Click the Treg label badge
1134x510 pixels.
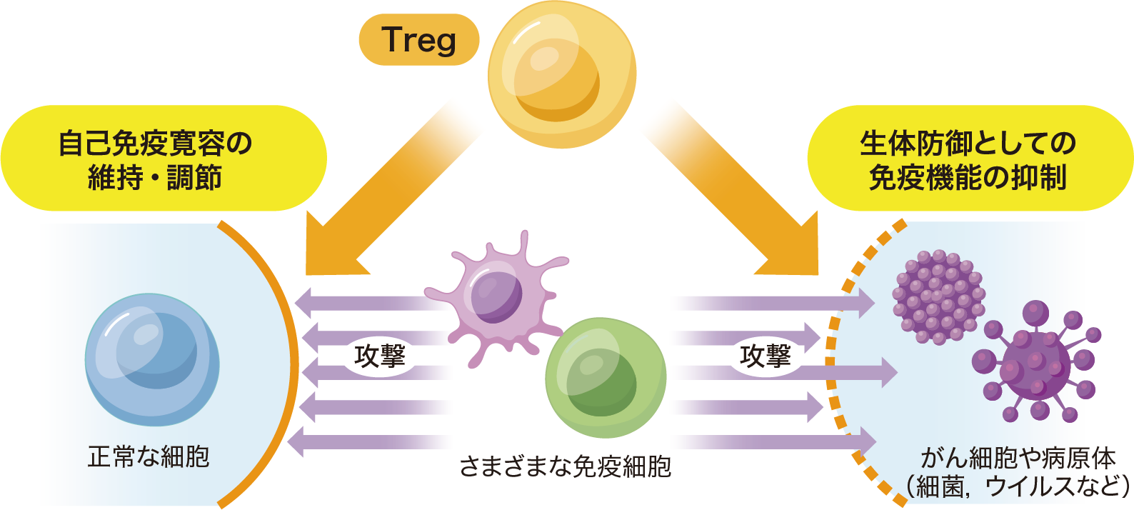pyautogui.click(x=418, y=40)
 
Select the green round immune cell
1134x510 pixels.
pyautogui.click(x=606, y=377)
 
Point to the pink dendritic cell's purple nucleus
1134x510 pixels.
pyautogui.click(x=496, y=292)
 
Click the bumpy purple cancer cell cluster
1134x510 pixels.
pyautogui.click(x=938, y=297)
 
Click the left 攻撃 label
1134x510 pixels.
pyautogui.click(x=380, y=355)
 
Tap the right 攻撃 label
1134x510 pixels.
pyautogui.click(x=766, y=355)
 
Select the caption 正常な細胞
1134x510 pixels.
pyautogui.click(x=149, y=456)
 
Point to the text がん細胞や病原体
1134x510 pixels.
pyautogui.click(x=1018, y=457)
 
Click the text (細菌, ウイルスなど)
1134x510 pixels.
pyautogui.click(x=1018, y=486)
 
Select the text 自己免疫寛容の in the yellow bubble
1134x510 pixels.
pyautogui.click(x=155, y=144)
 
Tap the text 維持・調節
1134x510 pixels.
pyautogui.click(x=155, y=177)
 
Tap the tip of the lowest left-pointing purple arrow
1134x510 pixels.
pyautogui.click(x=291, y=441)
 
